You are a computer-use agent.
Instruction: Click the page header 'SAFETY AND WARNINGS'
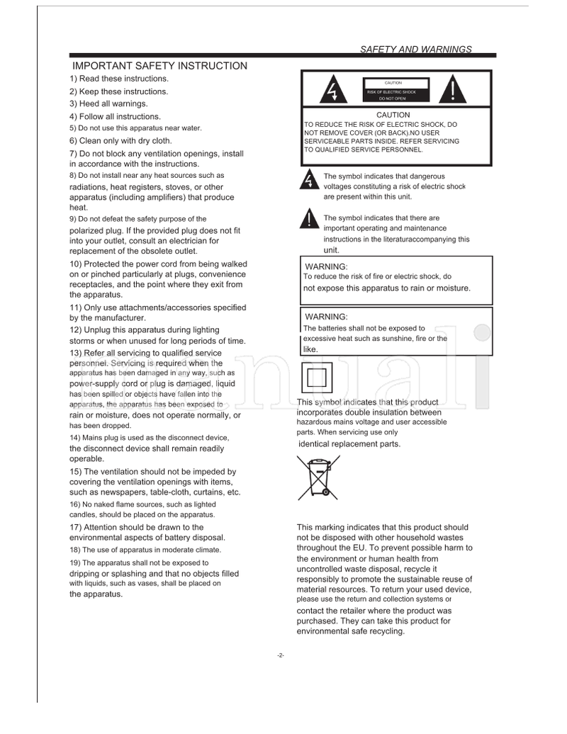tap(416, 50)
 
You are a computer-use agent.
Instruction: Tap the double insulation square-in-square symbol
tap(317, 376)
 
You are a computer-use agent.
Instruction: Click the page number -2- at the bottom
tap(281, 655)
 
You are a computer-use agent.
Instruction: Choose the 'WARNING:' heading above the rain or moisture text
tap(325, 266)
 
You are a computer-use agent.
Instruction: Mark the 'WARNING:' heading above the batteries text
tap(325, 317)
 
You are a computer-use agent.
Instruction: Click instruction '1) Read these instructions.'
tap(119, 79)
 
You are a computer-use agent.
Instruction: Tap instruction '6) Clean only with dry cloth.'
tap(120, 140)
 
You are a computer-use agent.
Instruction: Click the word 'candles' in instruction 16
tap(84, 514)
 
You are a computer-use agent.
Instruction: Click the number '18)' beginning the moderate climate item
tap(75, 550)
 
